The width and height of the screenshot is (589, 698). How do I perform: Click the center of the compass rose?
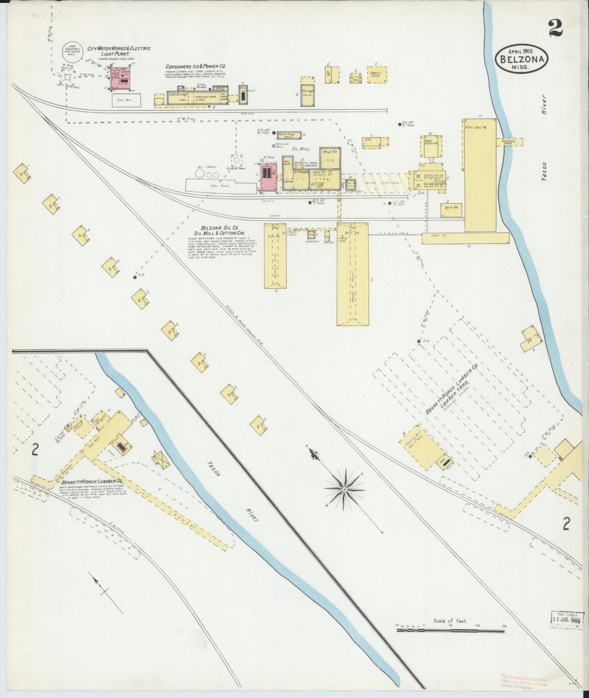[345, 488]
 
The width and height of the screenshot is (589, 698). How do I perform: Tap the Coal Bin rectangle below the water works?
[126, 100]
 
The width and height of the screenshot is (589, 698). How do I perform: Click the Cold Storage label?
[178, 94]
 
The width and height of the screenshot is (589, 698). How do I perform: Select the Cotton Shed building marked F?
[377, 75]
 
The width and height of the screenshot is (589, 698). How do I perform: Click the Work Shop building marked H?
[289, 135]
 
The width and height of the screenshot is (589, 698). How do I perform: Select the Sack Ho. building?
[450, 209]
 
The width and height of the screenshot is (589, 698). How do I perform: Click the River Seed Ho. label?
[476, 127]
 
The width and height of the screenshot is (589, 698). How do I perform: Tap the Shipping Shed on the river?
[509, 142]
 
